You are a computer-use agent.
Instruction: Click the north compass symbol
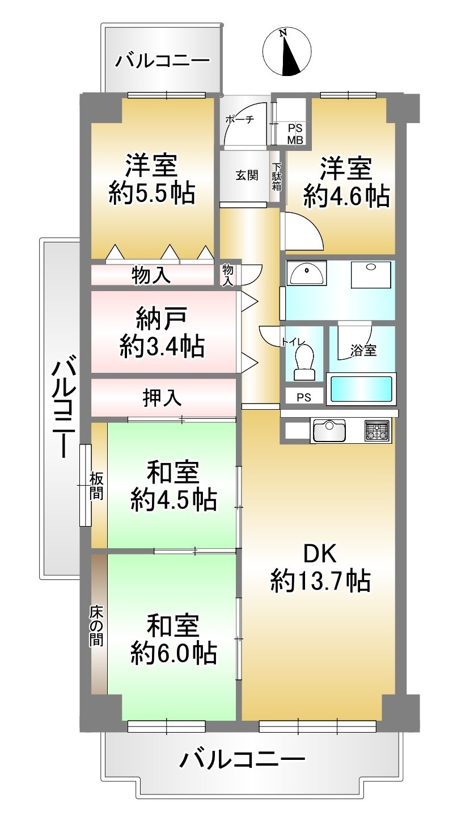pos(287,52)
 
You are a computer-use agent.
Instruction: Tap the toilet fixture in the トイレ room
pos(304,363)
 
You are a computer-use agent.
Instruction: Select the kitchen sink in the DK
pos(329,430)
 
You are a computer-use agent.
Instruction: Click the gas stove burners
pos(377,430)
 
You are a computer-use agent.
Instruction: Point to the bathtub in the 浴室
pos(361,389)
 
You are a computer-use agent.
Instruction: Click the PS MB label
pos(295,134)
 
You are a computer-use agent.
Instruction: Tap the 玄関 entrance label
pos(247,175)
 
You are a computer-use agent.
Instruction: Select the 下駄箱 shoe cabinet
pos(276,176)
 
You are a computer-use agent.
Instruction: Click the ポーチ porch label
pos(239,119)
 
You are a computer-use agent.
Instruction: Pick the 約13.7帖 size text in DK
pos(320,581)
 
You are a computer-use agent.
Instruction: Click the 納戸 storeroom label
pos(162,318)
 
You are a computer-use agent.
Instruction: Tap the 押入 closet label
pos(162,398)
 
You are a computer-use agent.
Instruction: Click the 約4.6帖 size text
pos(346,196)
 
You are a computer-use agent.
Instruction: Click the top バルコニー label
pos(163,60)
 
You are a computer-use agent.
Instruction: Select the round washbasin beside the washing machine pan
pos(307,272)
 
